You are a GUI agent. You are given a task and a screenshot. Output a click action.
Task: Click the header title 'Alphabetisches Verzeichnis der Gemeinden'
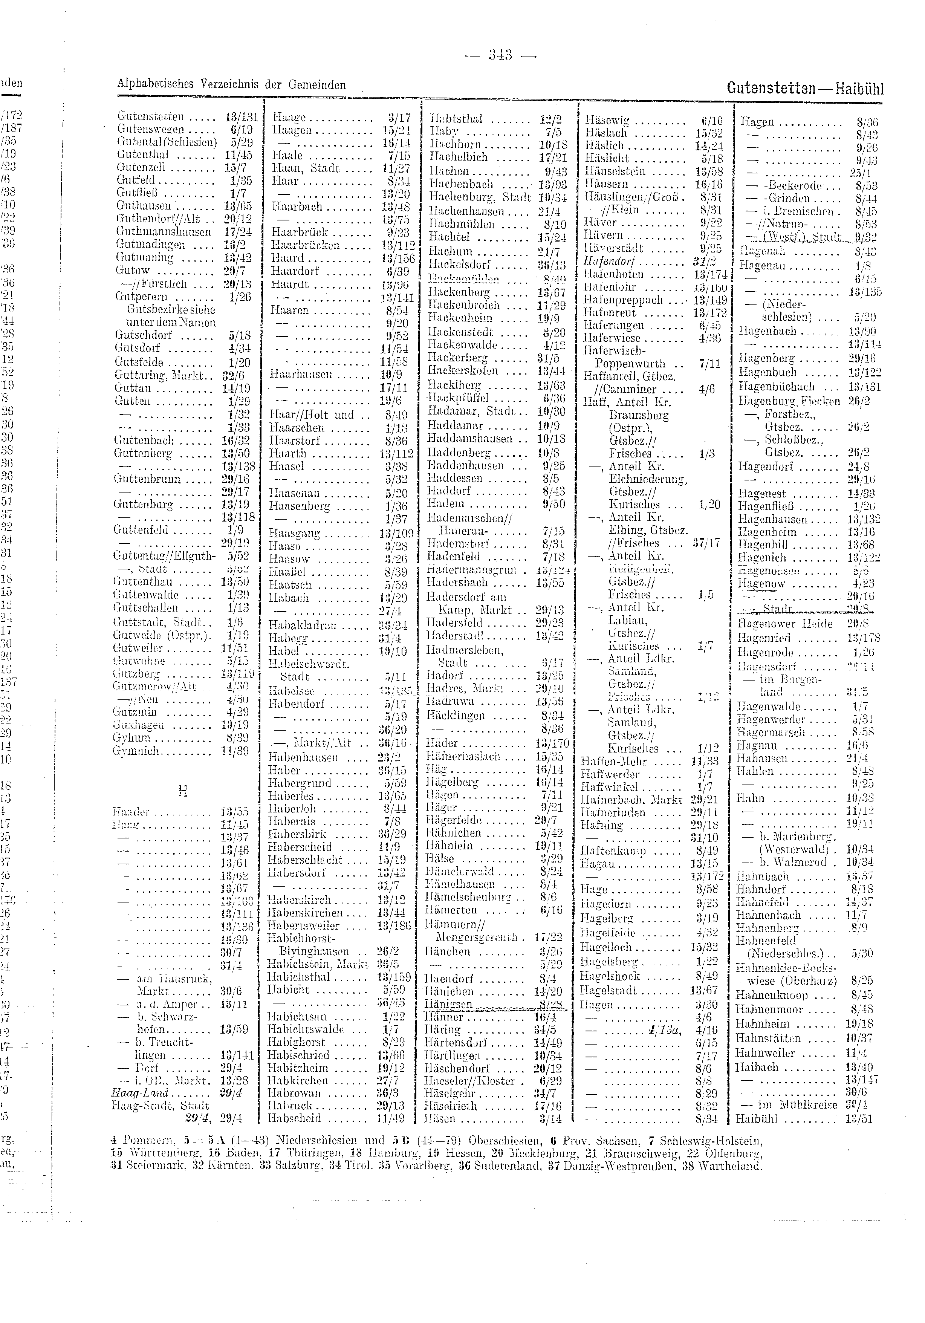pyautogui.click(x=231, y=85)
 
